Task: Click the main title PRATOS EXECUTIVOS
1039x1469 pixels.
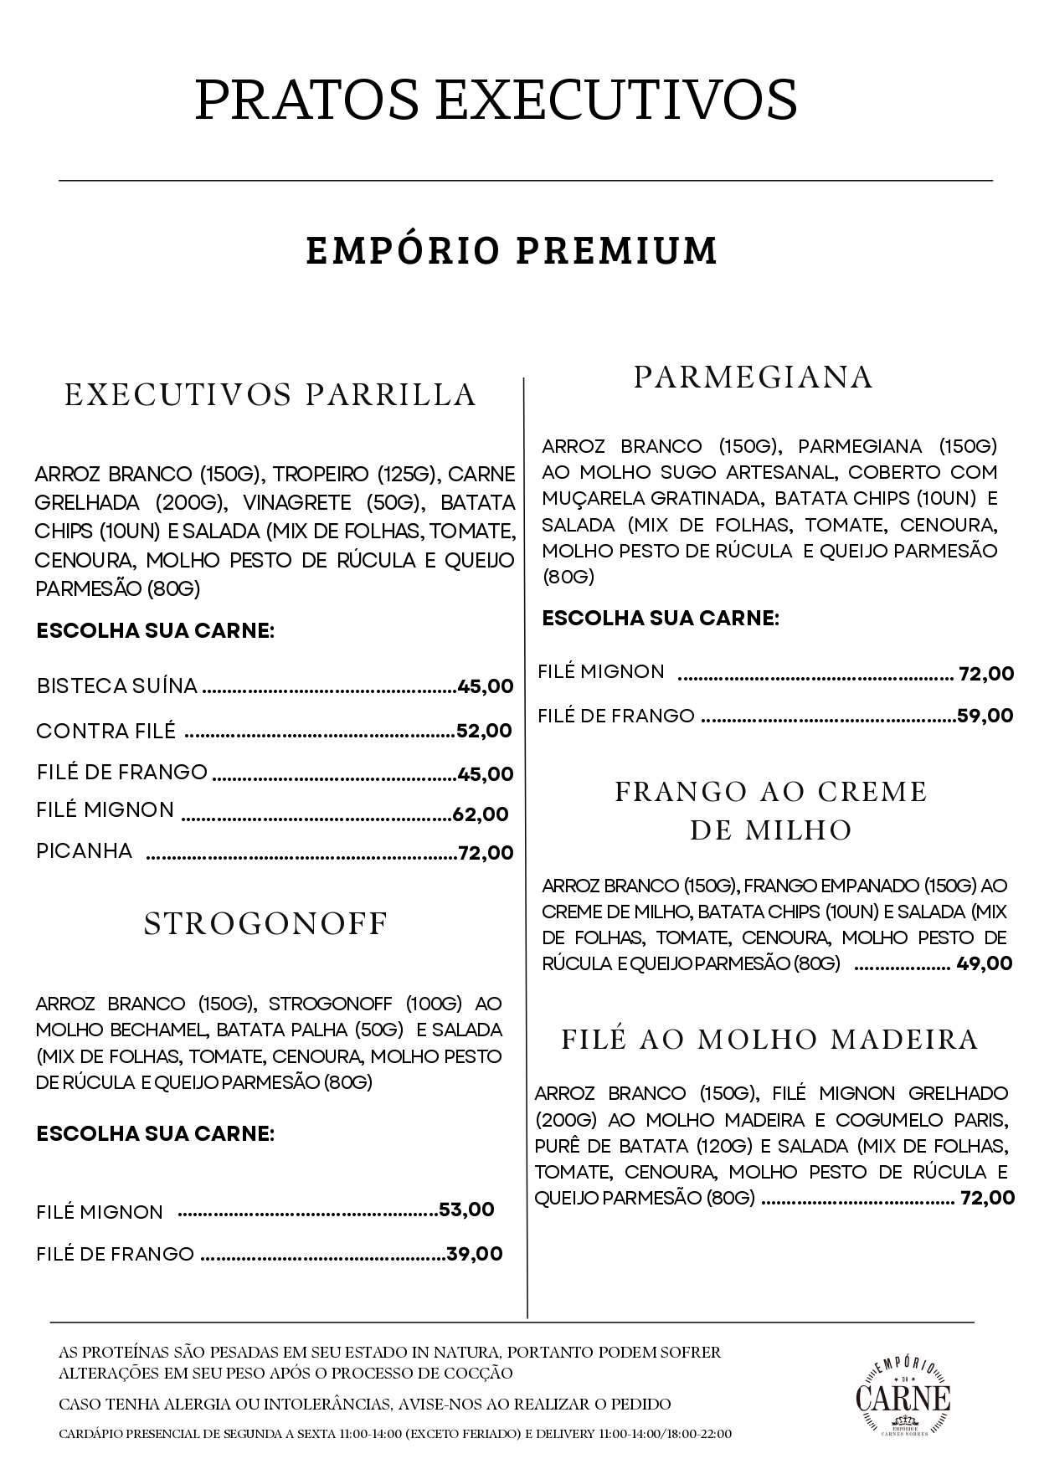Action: tap(496, 100)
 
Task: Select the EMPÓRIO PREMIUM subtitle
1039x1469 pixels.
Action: tap(512, 251)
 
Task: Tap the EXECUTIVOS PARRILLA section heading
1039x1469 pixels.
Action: tap(270, 394)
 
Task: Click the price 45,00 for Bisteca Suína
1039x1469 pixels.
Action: tap(486, 687)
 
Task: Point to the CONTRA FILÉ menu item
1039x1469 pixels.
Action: tap(106, 731)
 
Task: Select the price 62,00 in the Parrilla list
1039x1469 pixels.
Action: tap(481, 814)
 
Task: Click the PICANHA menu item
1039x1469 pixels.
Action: tap(85, 851)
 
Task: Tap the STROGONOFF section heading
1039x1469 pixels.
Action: tap(266, 923)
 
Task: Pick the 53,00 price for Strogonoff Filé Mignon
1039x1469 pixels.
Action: tap(466, 1210)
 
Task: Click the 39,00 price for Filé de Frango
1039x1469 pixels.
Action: tap(475, 1253)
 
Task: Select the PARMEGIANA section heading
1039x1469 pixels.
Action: tap(753, 377)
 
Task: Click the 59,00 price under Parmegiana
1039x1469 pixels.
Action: tap(985, 715)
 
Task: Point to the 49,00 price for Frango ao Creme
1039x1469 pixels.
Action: tap(985, 963)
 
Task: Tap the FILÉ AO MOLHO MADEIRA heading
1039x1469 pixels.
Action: tap(769, 1039)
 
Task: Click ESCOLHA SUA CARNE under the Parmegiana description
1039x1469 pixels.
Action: tap(661, 619)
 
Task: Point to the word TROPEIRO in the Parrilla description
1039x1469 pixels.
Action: tap(321, 475)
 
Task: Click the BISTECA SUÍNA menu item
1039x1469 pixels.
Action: tap(117, 686)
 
